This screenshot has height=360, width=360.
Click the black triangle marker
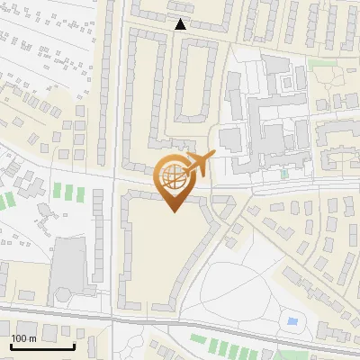pyautogui.click(x=183, y=24)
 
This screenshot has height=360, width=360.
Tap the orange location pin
pyautogui.click(x=173, y=180)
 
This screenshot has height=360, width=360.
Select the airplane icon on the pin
pyautogui.click(x=197, y=164)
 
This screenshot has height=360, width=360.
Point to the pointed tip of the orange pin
pyautogui.click(x=173, y=211)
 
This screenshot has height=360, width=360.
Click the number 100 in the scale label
pyautogui.click(x=20, y=338)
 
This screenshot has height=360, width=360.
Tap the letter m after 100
pyautogui.click(x=34, y=338)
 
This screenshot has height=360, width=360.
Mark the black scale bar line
pyautogui.click(x=41, y=346)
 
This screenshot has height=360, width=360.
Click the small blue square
pyautogui.click(x=291, y=321)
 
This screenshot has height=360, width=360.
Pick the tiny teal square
pyautogui.click(x=284, y=174)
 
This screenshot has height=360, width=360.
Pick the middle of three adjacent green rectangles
pyautogui.click(x=63, y=191)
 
